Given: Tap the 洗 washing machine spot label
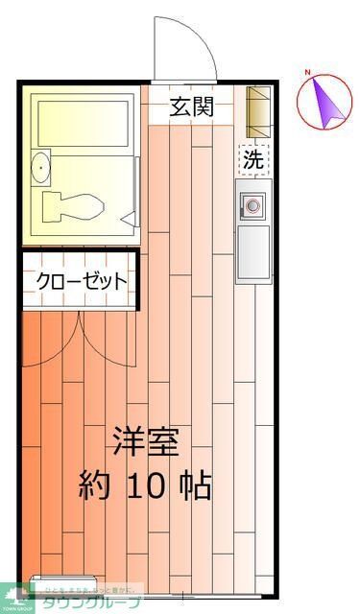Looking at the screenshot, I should pos(252,160).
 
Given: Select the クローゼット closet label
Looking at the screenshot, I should pos(82,280).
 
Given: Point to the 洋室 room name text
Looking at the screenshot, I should pos(145,442).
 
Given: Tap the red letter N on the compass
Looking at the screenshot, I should pos(308,73).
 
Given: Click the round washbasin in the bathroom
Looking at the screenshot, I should pos(39,169).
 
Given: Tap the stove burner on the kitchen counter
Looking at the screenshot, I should pos(253,204).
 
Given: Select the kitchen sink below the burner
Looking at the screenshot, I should pos(253,251).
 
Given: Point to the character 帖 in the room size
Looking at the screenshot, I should pos(197,485).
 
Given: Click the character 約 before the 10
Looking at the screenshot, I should pos(97,485).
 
